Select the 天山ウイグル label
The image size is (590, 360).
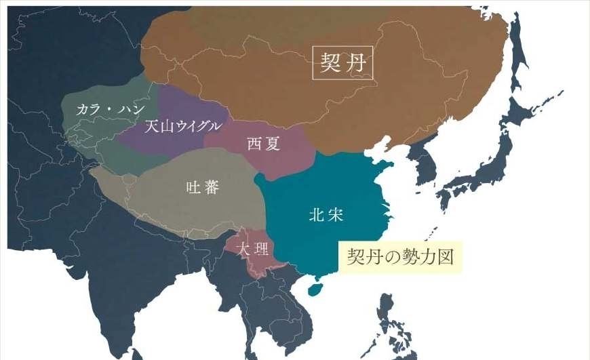pos(183,126)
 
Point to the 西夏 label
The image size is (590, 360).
pos(262,143)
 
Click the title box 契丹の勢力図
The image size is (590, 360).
pos(399,257)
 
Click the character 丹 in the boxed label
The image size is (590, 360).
pos(358,62)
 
